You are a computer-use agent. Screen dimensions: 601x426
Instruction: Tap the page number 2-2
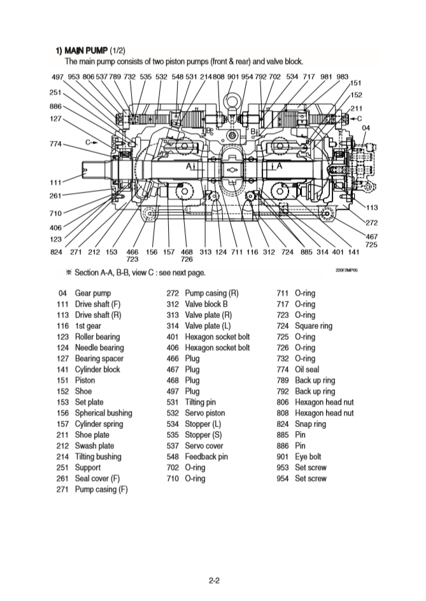pyautogui.click(x=214, y=579)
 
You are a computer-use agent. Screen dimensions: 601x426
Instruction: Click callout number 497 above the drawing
pyautogui.click(x=57, y=77)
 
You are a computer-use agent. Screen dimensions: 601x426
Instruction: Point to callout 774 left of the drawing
pyautogui.click(x=56, y=144)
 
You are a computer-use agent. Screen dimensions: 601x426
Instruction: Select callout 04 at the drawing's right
pyautogui.click(x=366, y=128)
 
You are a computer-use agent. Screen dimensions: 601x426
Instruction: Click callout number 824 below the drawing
pyautogui.click(x=56, y=252)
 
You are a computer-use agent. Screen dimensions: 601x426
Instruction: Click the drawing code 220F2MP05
pyautogui.click(x=347, y=271)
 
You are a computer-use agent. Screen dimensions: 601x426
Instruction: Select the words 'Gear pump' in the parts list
pyautogui.click(x=93, y=293)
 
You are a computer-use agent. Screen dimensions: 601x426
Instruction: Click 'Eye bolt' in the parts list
pyautogui.click(x=308, y=456)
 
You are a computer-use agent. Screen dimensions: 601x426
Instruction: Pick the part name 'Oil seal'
pyautogui.click(x=308, y=369)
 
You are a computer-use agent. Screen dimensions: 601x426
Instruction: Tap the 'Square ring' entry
pyautogui.click(x=314, y=326)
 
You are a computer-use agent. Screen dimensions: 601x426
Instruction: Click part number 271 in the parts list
pyautogui.click(x=62, y=489)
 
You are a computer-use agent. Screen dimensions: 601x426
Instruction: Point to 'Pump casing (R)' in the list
pyautogui.click(x=211, y=293)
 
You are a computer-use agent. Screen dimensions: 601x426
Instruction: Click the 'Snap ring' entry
pyautogui.click(x=311, y=424)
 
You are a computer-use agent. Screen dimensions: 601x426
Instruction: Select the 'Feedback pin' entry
pyautogui.click(x=206, y=456)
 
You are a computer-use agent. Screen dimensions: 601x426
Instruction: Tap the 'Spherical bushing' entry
pyautogui.click(x=104, y=413)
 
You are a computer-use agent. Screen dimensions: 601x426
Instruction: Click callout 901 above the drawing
pyautogui.click(x=232, y=77)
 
